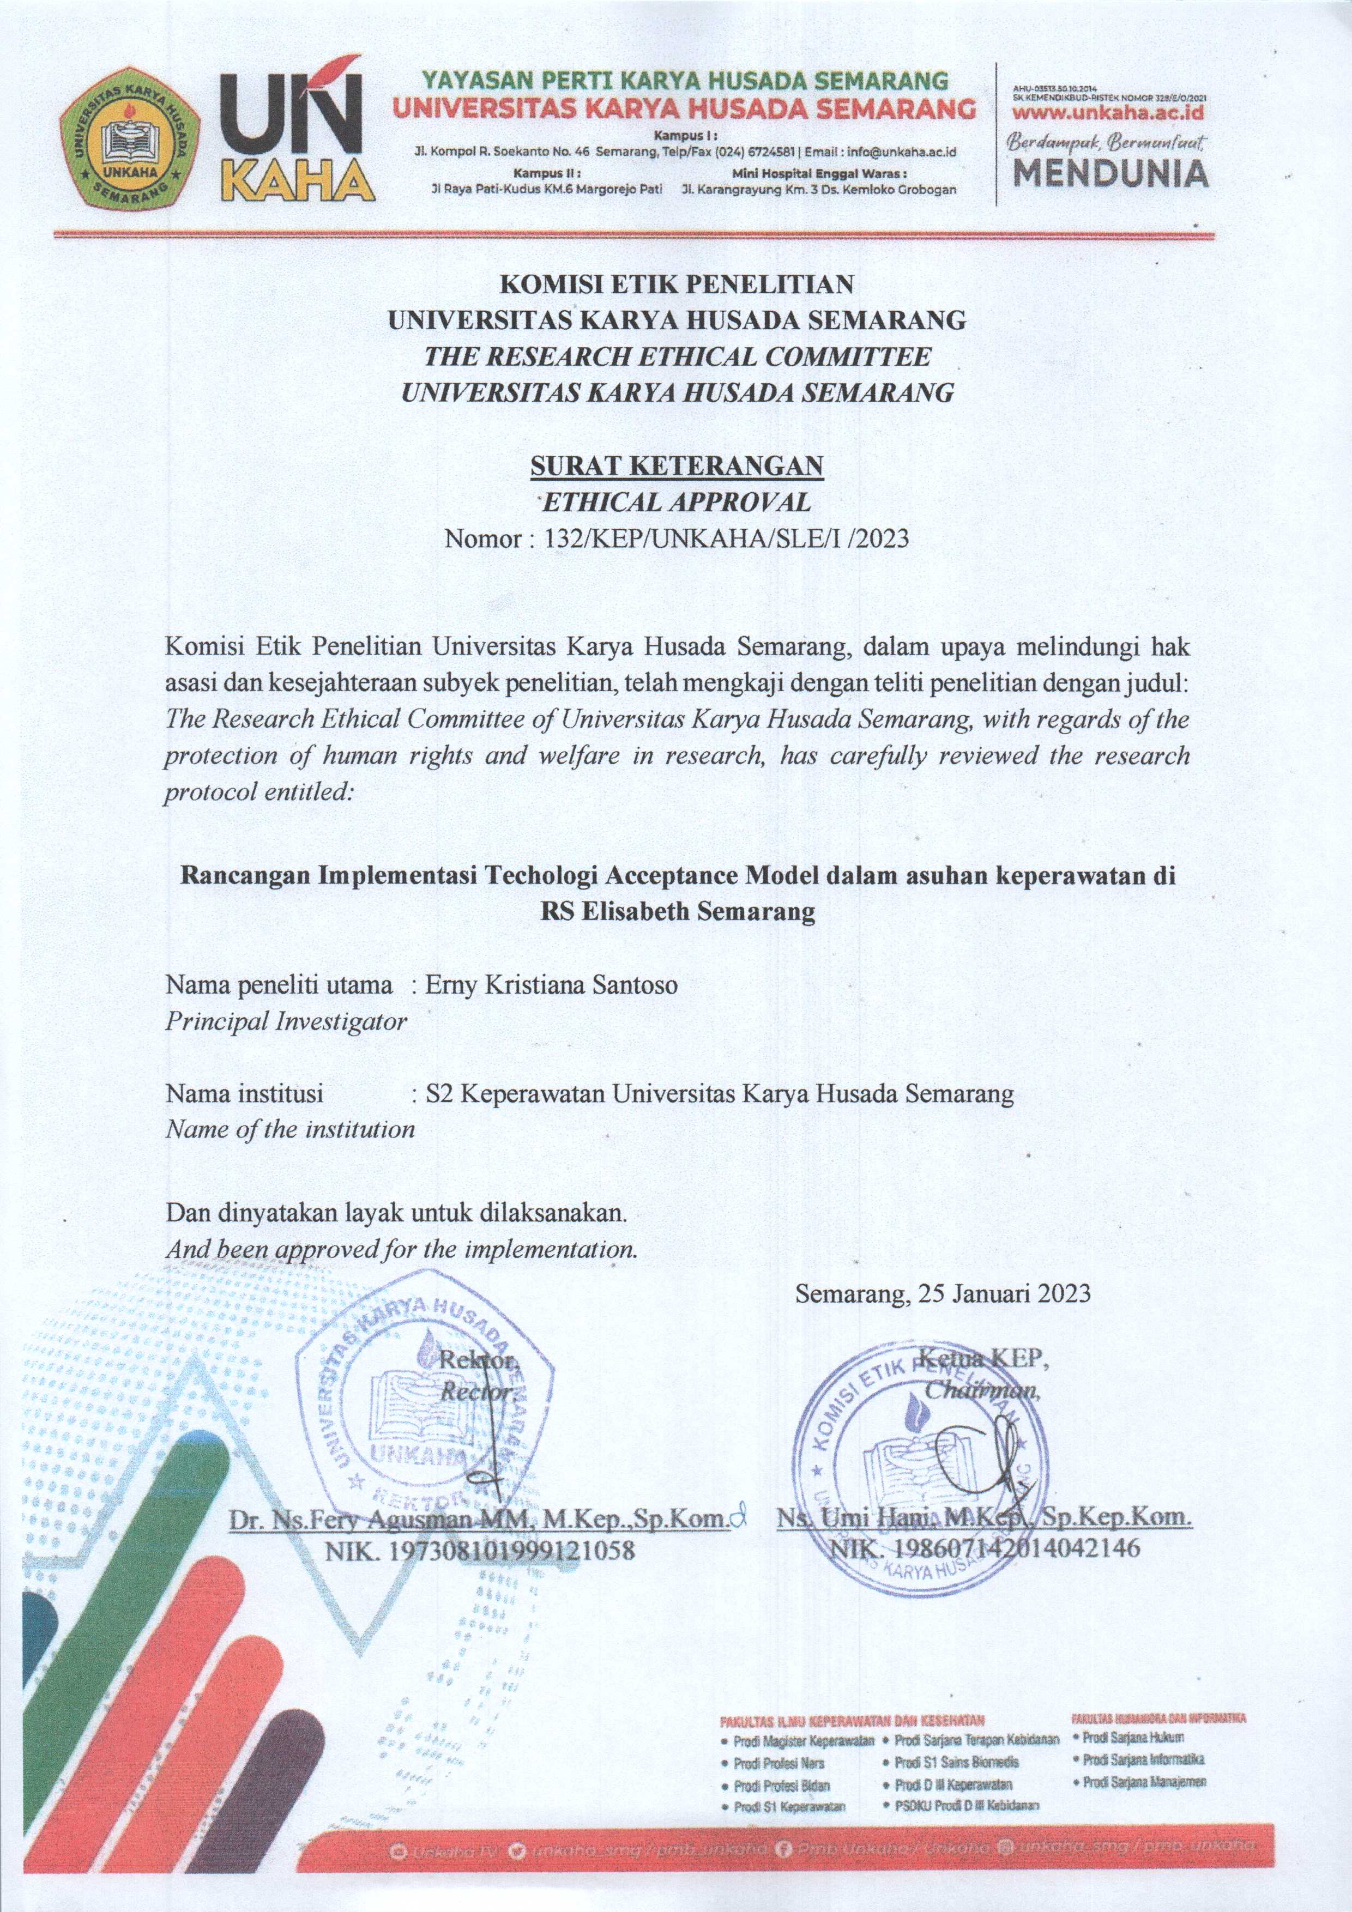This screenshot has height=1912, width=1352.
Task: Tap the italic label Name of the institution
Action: tap(290, 1129)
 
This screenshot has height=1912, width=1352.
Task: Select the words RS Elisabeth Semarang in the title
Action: tap(677, 912)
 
